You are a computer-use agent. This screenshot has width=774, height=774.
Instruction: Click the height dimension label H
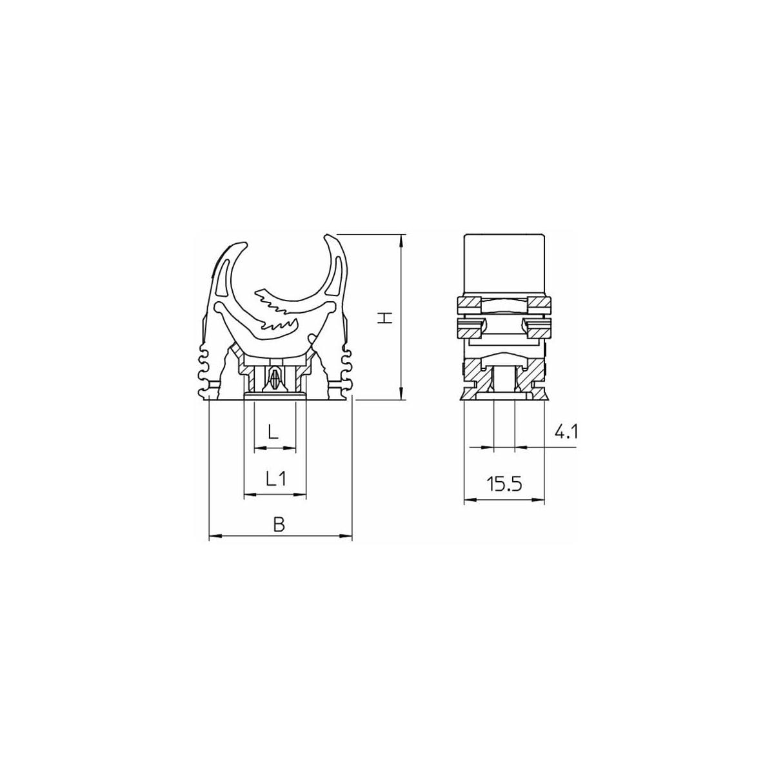click(x=384, y=319)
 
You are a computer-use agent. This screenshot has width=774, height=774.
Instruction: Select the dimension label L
click(x=273, y=432)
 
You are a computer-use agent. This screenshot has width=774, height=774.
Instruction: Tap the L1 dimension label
click(x=276, y=479)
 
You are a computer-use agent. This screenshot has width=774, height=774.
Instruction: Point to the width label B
click(x=279, y=524)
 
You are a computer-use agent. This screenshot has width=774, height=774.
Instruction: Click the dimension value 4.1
click(x=566, y=432)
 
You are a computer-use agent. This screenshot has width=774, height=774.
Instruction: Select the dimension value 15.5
click(x=504, y=484)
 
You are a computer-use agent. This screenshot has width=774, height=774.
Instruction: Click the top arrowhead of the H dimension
click(x=401, y=239)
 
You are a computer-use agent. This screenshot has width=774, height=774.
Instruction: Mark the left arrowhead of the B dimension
click(x=215, y=536)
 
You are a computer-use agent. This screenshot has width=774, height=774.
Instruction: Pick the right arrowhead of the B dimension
click(x=346, y=536)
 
